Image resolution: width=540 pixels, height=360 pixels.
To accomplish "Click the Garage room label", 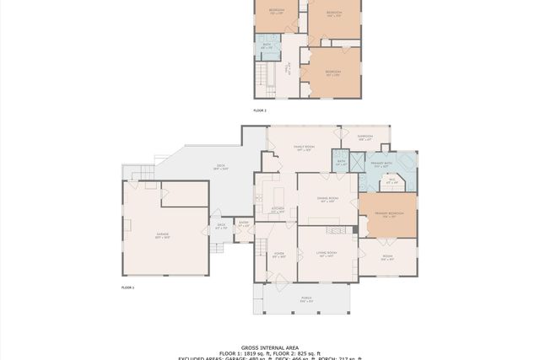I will coord(163,238).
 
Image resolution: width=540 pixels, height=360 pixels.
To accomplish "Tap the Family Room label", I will coord(304,148).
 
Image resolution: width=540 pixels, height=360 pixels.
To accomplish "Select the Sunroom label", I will coord(364,137).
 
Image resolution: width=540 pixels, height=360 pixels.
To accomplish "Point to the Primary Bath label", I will coord(386,166).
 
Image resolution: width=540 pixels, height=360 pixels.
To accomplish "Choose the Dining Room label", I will coord(327,200).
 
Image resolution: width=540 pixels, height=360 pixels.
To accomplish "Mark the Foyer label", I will coord(278,254).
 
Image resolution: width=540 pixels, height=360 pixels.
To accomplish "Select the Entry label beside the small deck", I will coord(244,224).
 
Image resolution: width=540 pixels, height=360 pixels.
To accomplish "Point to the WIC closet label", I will coord(391,180).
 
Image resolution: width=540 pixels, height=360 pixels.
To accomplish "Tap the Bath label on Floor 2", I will coord(266,47).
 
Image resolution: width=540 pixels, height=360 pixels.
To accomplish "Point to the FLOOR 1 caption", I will coord(128,288).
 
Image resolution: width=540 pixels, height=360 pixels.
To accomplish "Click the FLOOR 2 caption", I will coord(260,110).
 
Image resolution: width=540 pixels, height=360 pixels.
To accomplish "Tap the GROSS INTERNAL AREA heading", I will coord(269,347).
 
